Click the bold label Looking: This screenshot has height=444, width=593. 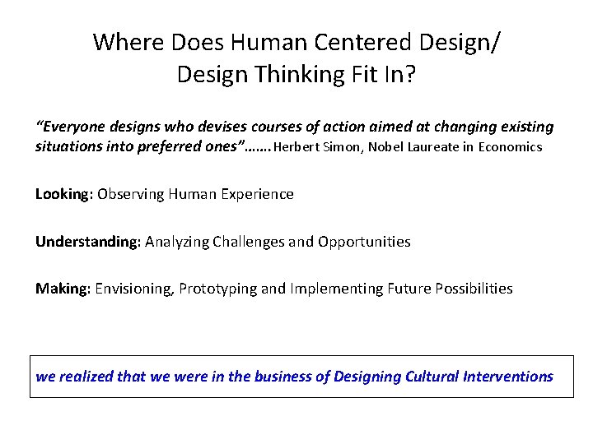point(64,194)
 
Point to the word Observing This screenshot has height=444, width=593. point(130,194)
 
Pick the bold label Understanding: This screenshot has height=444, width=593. point(88,242)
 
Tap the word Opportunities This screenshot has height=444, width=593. point(363,242)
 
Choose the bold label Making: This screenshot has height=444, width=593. point(63,289)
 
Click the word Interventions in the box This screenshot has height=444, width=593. point(512,377)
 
